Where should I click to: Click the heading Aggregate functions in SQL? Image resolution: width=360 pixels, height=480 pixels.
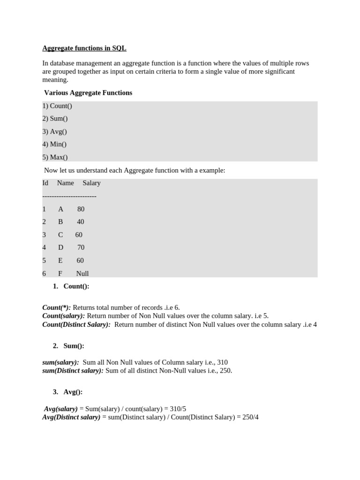84,48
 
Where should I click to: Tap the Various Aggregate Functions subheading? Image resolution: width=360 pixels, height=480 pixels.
88,93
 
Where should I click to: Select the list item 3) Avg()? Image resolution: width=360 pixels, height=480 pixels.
55,132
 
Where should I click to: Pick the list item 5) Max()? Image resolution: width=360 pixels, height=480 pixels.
55,157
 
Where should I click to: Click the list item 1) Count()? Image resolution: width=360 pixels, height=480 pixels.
57,106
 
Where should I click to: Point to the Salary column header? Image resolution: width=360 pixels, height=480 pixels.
91,183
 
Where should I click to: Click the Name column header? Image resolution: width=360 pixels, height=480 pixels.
65,183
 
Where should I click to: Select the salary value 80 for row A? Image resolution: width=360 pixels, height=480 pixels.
81,209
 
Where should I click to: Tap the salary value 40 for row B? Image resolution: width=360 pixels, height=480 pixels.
81,222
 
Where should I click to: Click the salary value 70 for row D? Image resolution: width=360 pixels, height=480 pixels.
81,247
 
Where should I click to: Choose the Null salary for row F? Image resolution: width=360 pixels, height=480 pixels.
82,273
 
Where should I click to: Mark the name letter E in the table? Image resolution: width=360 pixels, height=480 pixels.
60,261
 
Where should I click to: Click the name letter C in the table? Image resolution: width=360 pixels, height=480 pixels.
60,235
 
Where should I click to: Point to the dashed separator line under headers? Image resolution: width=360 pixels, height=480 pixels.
69,196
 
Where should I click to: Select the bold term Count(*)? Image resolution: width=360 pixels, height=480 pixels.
57,307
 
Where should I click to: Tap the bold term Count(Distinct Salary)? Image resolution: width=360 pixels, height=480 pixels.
76,324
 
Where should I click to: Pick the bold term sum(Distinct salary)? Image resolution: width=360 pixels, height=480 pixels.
73,371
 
